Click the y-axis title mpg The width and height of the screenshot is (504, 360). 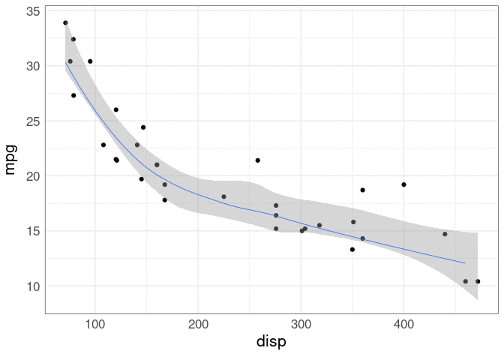coord(10,160)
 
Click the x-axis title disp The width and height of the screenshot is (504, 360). coord(271,342)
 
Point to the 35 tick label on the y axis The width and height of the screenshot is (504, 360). coord(32,12)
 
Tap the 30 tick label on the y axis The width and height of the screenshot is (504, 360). coord(32,66)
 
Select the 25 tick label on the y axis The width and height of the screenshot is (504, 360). coord(32,121)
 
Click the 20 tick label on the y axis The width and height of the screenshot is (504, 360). coord(32,176)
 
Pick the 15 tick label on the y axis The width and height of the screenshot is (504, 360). coord(32,231)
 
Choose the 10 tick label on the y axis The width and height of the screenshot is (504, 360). coord(32,286)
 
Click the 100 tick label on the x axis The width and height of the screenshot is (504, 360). coord(95,324)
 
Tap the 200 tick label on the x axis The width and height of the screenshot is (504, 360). coord(198,324)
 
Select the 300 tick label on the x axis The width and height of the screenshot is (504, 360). coord(301,324)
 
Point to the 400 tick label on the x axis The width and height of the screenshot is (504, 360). coord(403,324)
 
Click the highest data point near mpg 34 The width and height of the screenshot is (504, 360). coord(65,23)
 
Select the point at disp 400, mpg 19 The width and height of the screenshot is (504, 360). coord(403,184)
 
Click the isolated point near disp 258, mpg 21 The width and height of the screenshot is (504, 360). coord(257,160)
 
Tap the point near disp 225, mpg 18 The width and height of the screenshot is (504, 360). coord(223,196)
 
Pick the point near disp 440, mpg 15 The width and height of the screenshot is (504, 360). coord(445,234)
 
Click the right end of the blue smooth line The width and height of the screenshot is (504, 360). coord(466,263)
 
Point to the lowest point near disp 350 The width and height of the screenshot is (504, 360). coord(352,249)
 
